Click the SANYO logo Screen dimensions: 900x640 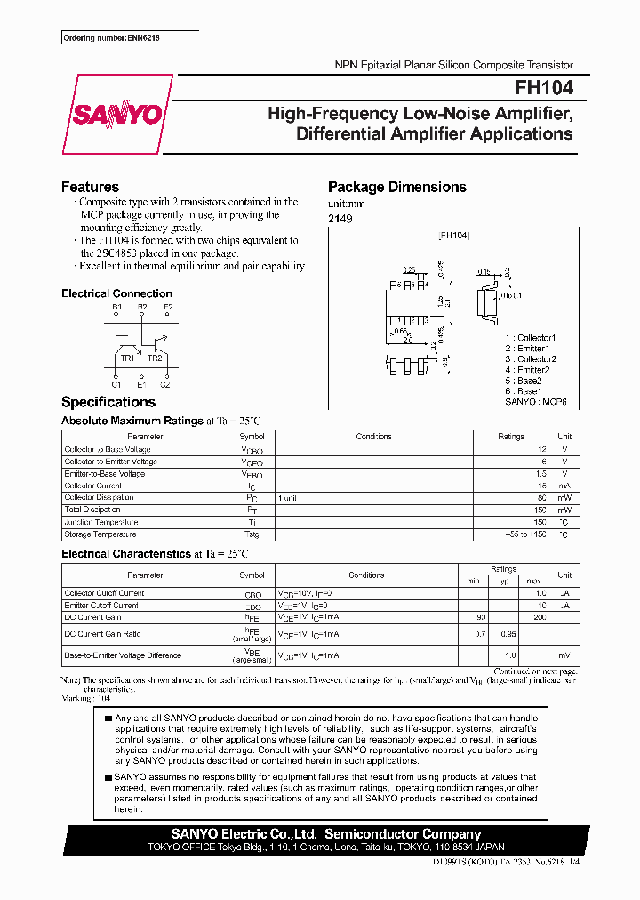(x=116, y=115)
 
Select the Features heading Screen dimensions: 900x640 (x=90, y=187)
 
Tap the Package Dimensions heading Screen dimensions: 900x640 (x=396, y=187)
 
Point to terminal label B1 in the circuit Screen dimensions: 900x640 (x=116, y=307)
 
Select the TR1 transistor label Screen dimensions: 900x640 (x=127, y=358)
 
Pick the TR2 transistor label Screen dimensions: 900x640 (x=155, y=358)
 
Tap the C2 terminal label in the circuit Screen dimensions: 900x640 (x=164, y=383)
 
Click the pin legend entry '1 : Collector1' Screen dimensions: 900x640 (x=530, y=338)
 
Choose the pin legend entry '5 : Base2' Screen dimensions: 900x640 (x=523, y=381)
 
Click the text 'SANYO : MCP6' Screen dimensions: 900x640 (x=535, y=402)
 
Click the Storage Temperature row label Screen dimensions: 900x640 (x=100, y=534)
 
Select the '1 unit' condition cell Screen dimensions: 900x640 (x=287, y=498)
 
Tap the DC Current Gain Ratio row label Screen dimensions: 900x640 (x=103, y=634)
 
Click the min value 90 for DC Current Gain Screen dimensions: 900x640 (x=481, y=617)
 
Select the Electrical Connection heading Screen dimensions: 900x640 (x=116, y=293)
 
